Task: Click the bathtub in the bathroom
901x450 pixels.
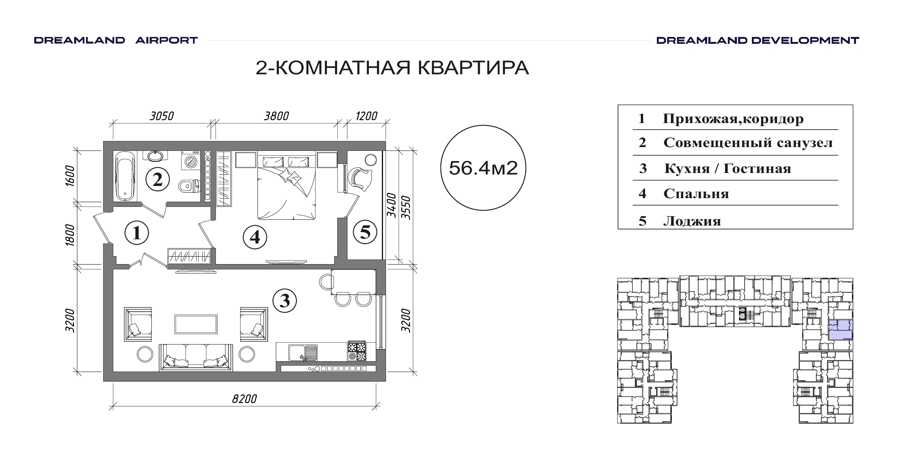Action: pyautogui.click(x=125, y=176)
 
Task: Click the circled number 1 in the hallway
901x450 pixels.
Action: pyautogui.click(x=137, y=232)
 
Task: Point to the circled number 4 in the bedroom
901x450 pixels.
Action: pyautogui.click(x=255, y=237)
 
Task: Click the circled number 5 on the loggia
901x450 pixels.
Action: pyautogui.click(x=365, y=232)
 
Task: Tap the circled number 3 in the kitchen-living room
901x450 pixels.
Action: pyautogui.click(x=285, y=301)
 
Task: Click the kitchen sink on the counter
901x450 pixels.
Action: pyautogui.click(x=303, y=352)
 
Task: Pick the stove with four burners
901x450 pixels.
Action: pyautogui.click(x=356, y=351)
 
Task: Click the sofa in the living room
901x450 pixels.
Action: pyautogui.click(x=196, y=357)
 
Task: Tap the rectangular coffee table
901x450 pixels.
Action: pyautogui.click(x=196, y=324)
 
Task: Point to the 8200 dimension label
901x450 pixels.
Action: pyautogui.click(x=245, y=399)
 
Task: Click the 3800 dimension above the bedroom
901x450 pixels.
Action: pyautogui.click(x=277, y=116)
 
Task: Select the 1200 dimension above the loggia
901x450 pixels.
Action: pyautogui.click(x=366, y=116)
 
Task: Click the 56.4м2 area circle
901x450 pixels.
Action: pyautogui.click(x=483, y=168)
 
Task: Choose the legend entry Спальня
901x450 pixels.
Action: pyautogui.click(x=696, y=194)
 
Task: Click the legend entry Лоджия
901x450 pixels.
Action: pyautogui.click(x=692, y=221)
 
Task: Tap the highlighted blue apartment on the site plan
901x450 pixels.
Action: pyautogui.click(x=840, y=330)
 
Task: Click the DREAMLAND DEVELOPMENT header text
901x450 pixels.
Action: pyautogui.click(x=758, y=40)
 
